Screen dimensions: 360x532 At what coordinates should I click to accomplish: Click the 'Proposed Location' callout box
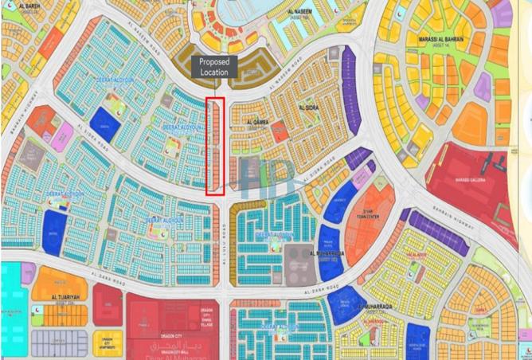(213, 67)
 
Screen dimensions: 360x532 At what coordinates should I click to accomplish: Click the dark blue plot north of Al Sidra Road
(104, 121)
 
